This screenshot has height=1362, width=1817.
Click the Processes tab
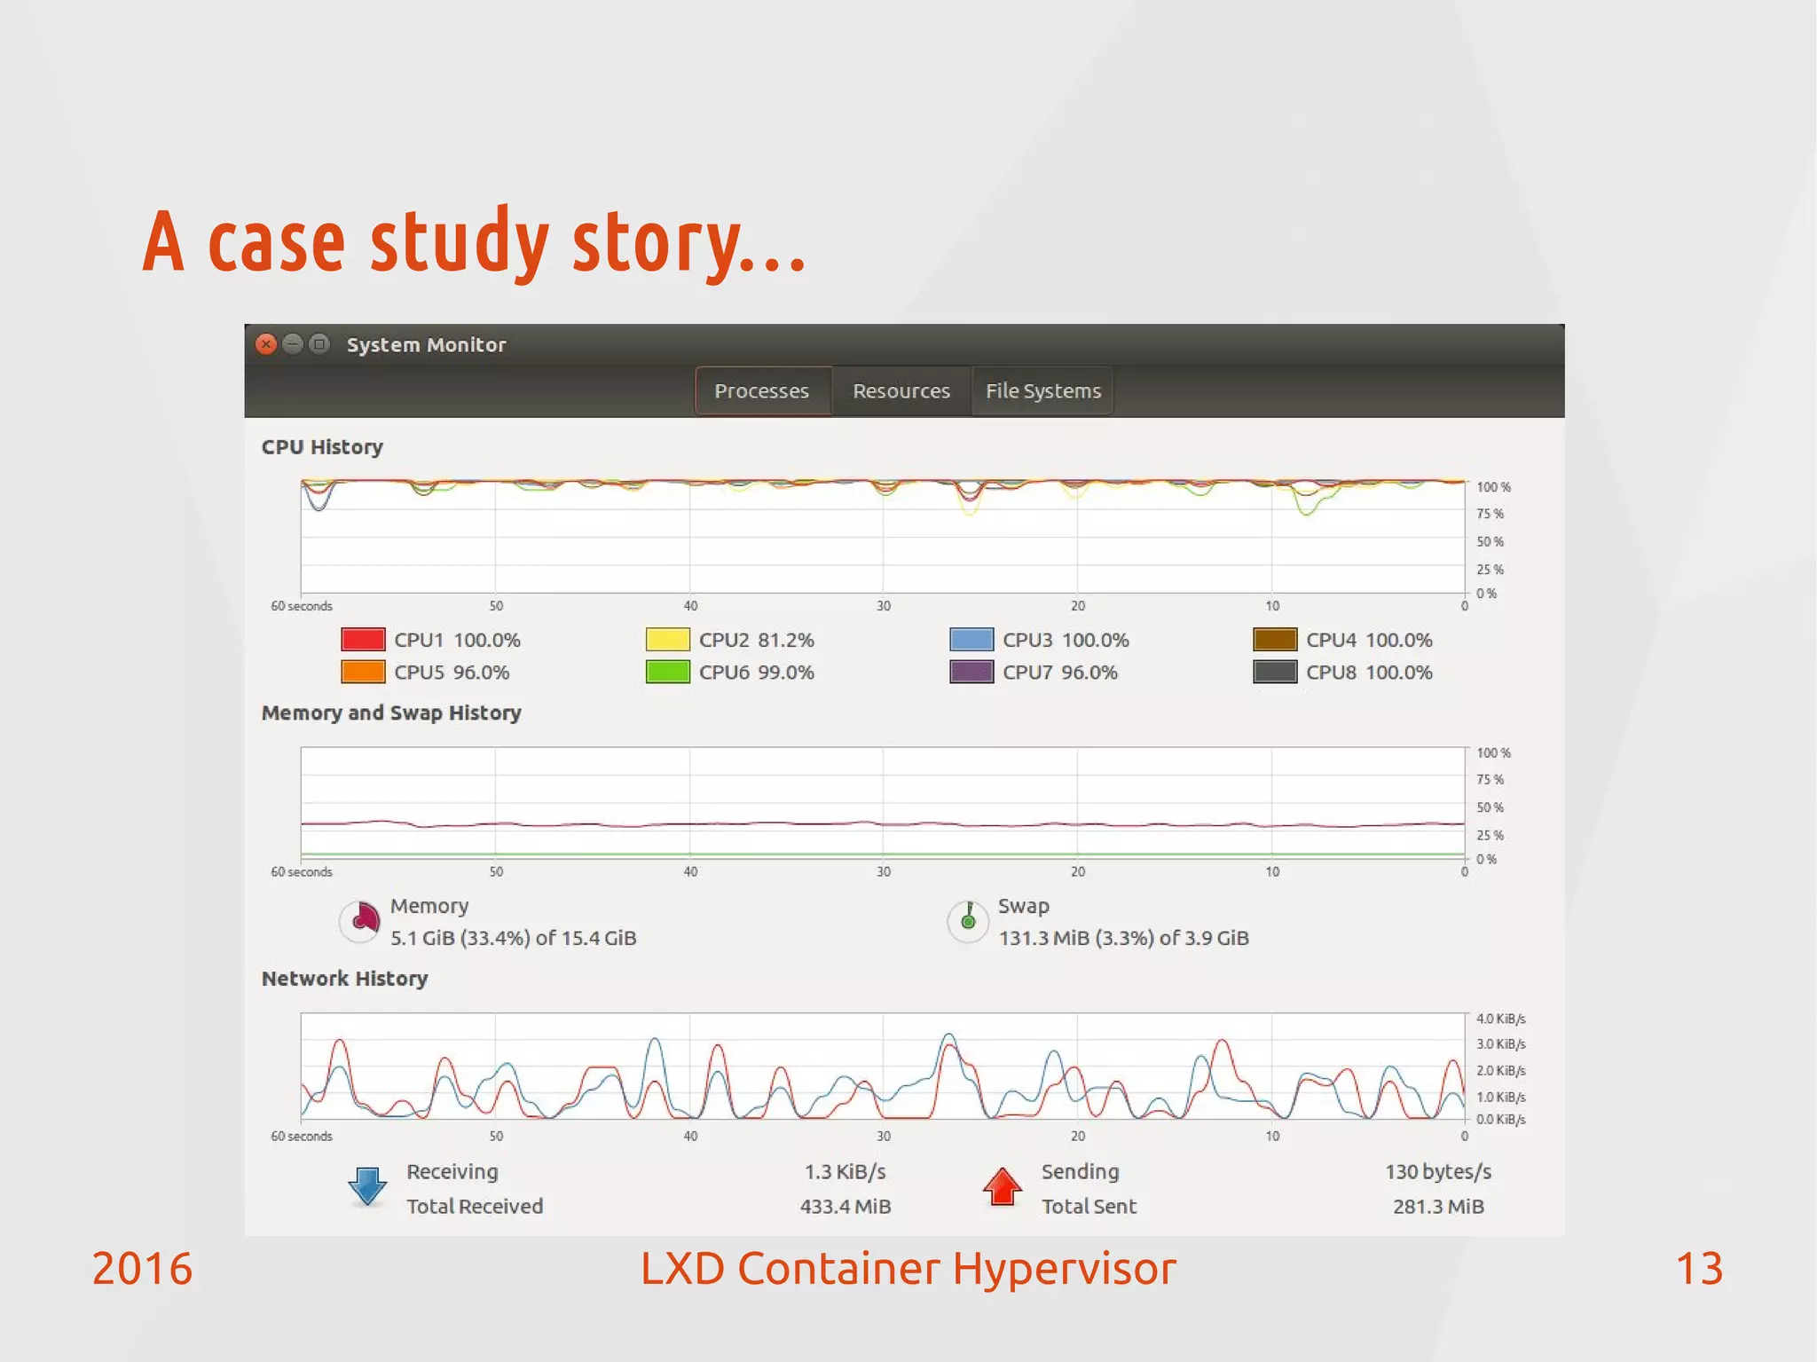(x=762, y=391)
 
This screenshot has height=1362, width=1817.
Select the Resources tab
(x=901, y=391)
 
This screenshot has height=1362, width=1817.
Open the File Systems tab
(x=1043, y=391)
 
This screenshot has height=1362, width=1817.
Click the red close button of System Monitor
(x=266, y=344)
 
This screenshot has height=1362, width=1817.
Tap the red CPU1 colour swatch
(x=363, y=640)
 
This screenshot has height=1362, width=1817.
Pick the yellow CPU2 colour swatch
(x=668, y=640)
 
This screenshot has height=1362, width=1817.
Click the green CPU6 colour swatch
(x=668, y=673)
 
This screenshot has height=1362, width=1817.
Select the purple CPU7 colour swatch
(x=971, y=673)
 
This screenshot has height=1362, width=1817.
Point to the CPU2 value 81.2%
(x=786, y=640)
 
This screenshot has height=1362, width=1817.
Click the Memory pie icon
(x=360, y=921)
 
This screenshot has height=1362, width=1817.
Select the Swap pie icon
(x=968, y=921)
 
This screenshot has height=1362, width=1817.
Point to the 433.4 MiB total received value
(x=846, y=1207)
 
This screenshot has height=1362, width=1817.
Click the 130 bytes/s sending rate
(x=1438, y=1172)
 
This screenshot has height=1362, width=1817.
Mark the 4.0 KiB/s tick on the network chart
(x=1500, y=1019)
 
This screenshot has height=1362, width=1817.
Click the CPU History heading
(x=322, y=447)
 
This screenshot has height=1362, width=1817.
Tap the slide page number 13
(x=1699, y=1269)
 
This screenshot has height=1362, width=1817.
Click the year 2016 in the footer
(x=142, y=1269)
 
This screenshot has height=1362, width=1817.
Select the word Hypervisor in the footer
(x=1064, y=1269)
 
